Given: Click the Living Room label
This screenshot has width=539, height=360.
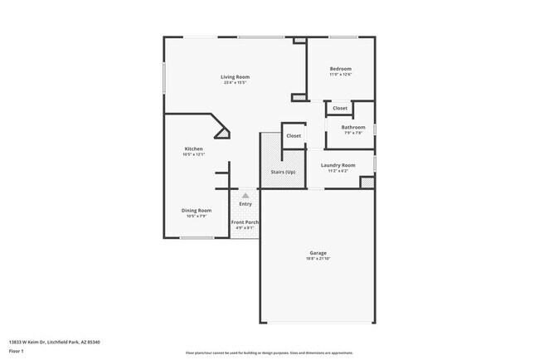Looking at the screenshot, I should [x=236, y=77].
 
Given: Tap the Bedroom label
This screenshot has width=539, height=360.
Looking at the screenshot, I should [x=341, y=69].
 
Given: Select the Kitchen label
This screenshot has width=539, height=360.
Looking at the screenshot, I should [x=193, y=149].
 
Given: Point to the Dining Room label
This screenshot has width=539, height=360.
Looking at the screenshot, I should [x=197, y=211].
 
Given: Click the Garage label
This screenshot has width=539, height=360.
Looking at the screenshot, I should [x=318, y=253].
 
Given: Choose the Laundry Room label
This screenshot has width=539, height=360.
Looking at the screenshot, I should [x=338, y=165].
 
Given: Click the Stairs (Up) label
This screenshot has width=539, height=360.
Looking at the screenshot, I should [x=284, y=173].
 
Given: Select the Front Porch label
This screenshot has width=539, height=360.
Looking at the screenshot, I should [x=245, y=222].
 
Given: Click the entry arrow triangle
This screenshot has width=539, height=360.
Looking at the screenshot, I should [x=245, y=196].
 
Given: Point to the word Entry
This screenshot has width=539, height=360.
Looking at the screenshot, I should [x=245, y=204].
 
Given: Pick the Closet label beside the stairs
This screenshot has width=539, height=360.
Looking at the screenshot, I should [x=294, y=135].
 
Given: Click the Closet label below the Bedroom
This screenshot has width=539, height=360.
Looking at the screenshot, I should [x=340, y=109].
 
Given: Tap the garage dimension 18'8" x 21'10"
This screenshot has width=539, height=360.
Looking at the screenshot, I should [x=318, y=259].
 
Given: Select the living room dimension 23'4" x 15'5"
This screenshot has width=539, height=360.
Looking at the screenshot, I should [x=236, y=83].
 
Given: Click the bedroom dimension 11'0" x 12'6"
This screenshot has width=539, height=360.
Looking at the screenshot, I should [x=341, y=75].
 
